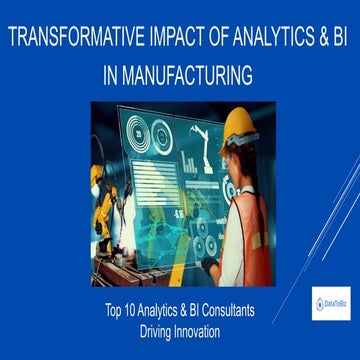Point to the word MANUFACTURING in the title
pyautogui.click(x=190, y=74)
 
